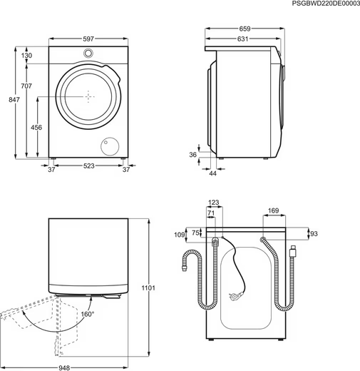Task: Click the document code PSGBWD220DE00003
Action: pyautogui.click(x=326, y=4)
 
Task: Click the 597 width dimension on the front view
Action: pyautogui.click(x=88, y=39)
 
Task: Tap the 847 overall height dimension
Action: pyautogui.click(x=14, y=99)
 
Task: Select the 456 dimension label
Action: pyautogui.click(x=36, y=128)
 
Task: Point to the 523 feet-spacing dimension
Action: pyautogui.click(x=88, y=166)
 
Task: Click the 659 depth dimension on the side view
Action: pyautogui.click(x=245, y=29)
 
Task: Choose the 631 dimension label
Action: pyautogui.click(x=242, y=39)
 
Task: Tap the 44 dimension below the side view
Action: pyautogui.click(x=212, y=173)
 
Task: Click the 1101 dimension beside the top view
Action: pyautogui.click(x=148, y=288)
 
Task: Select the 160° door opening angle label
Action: pyautogui.click(x=88, y=314)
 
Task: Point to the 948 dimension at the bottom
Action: pyautogui.click(x=64, y=368)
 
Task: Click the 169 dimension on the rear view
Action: pyautogui.click(x=273, y=210)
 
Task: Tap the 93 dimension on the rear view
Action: pyautogui.click(x=314, y=234)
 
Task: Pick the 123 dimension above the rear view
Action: pyautogui.click(x=213, y=203)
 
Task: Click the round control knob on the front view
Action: pyautogui.click(x=88, y=53)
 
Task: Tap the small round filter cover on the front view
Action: pyautogui.click(x=110, y=146)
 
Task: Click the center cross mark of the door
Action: pyautogui.click(x=88, y=96)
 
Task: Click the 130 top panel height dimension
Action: pyautogui.click(x=26, y=56)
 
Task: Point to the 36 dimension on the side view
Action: pyautogui.click(x=193, y=155)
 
